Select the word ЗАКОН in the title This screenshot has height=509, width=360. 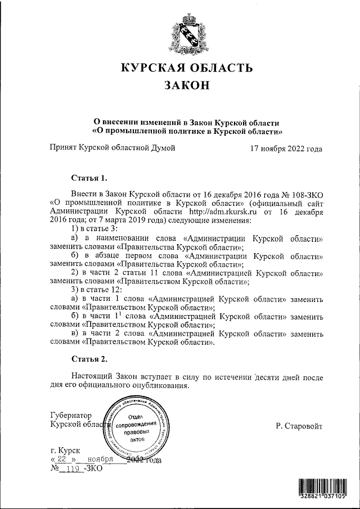click(x=186, y=86)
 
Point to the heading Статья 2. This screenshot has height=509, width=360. click(x=89, y=358)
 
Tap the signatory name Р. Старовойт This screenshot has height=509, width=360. click(x=299, y=426)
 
